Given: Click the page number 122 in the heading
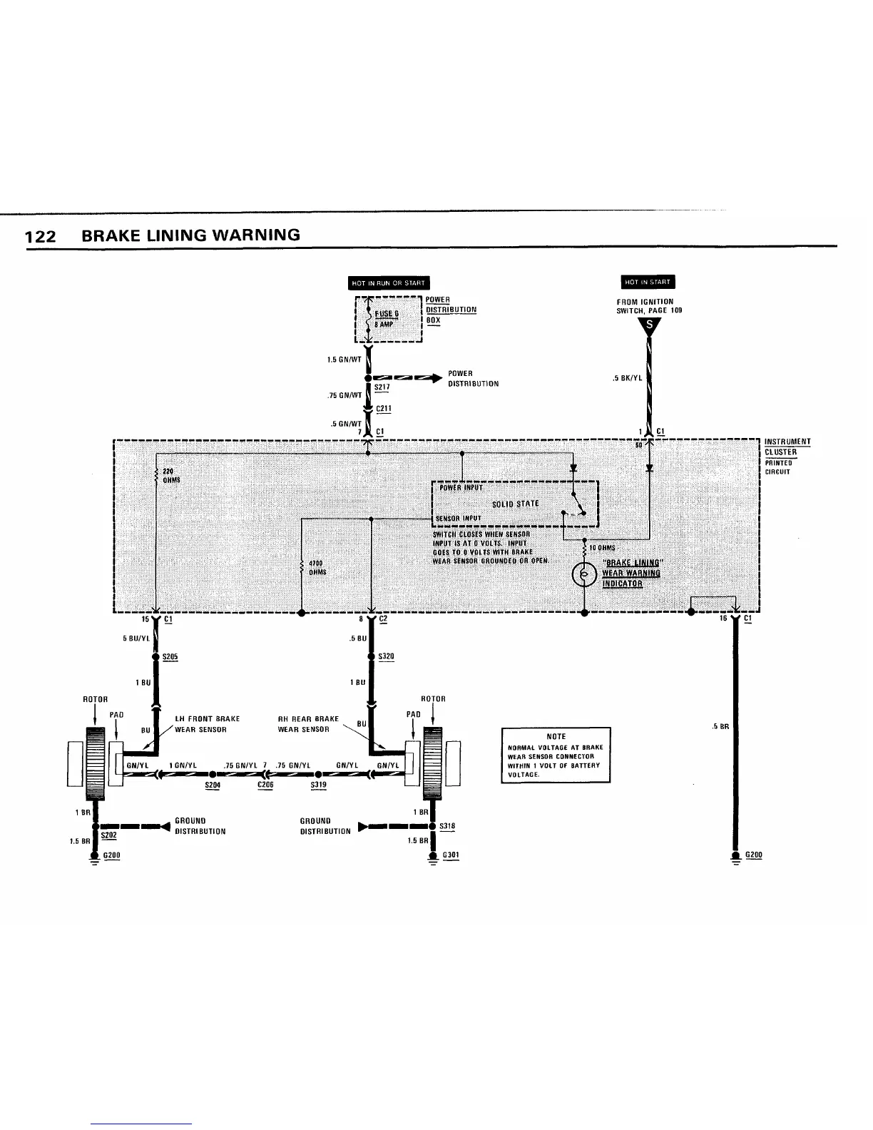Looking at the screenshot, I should [40, 236].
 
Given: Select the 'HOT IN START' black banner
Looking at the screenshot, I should [648, 282].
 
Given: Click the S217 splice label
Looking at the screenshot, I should [382, 387].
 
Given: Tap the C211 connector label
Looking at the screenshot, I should [384, 409].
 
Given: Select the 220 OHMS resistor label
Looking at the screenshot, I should [170, 475].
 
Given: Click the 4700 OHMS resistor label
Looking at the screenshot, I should [317, 567].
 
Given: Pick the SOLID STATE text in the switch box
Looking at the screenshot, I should [516, 504].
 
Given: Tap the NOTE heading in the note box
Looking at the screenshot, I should [556, 736].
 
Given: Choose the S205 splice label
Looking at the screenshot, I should [170, 656].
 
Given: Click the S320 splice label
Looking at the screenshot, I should [386, 656].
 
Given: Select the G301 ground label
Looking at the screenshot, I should [451, 854].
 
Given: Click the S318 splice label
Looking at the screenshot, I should [447, 826].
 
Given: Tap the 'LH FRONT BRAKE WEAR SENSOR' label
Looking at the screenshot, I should [208, 724].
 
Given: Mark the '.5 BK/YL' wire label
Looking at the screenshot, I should [628, 378].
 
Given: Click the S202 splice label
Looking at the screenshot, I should [108, 835].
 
